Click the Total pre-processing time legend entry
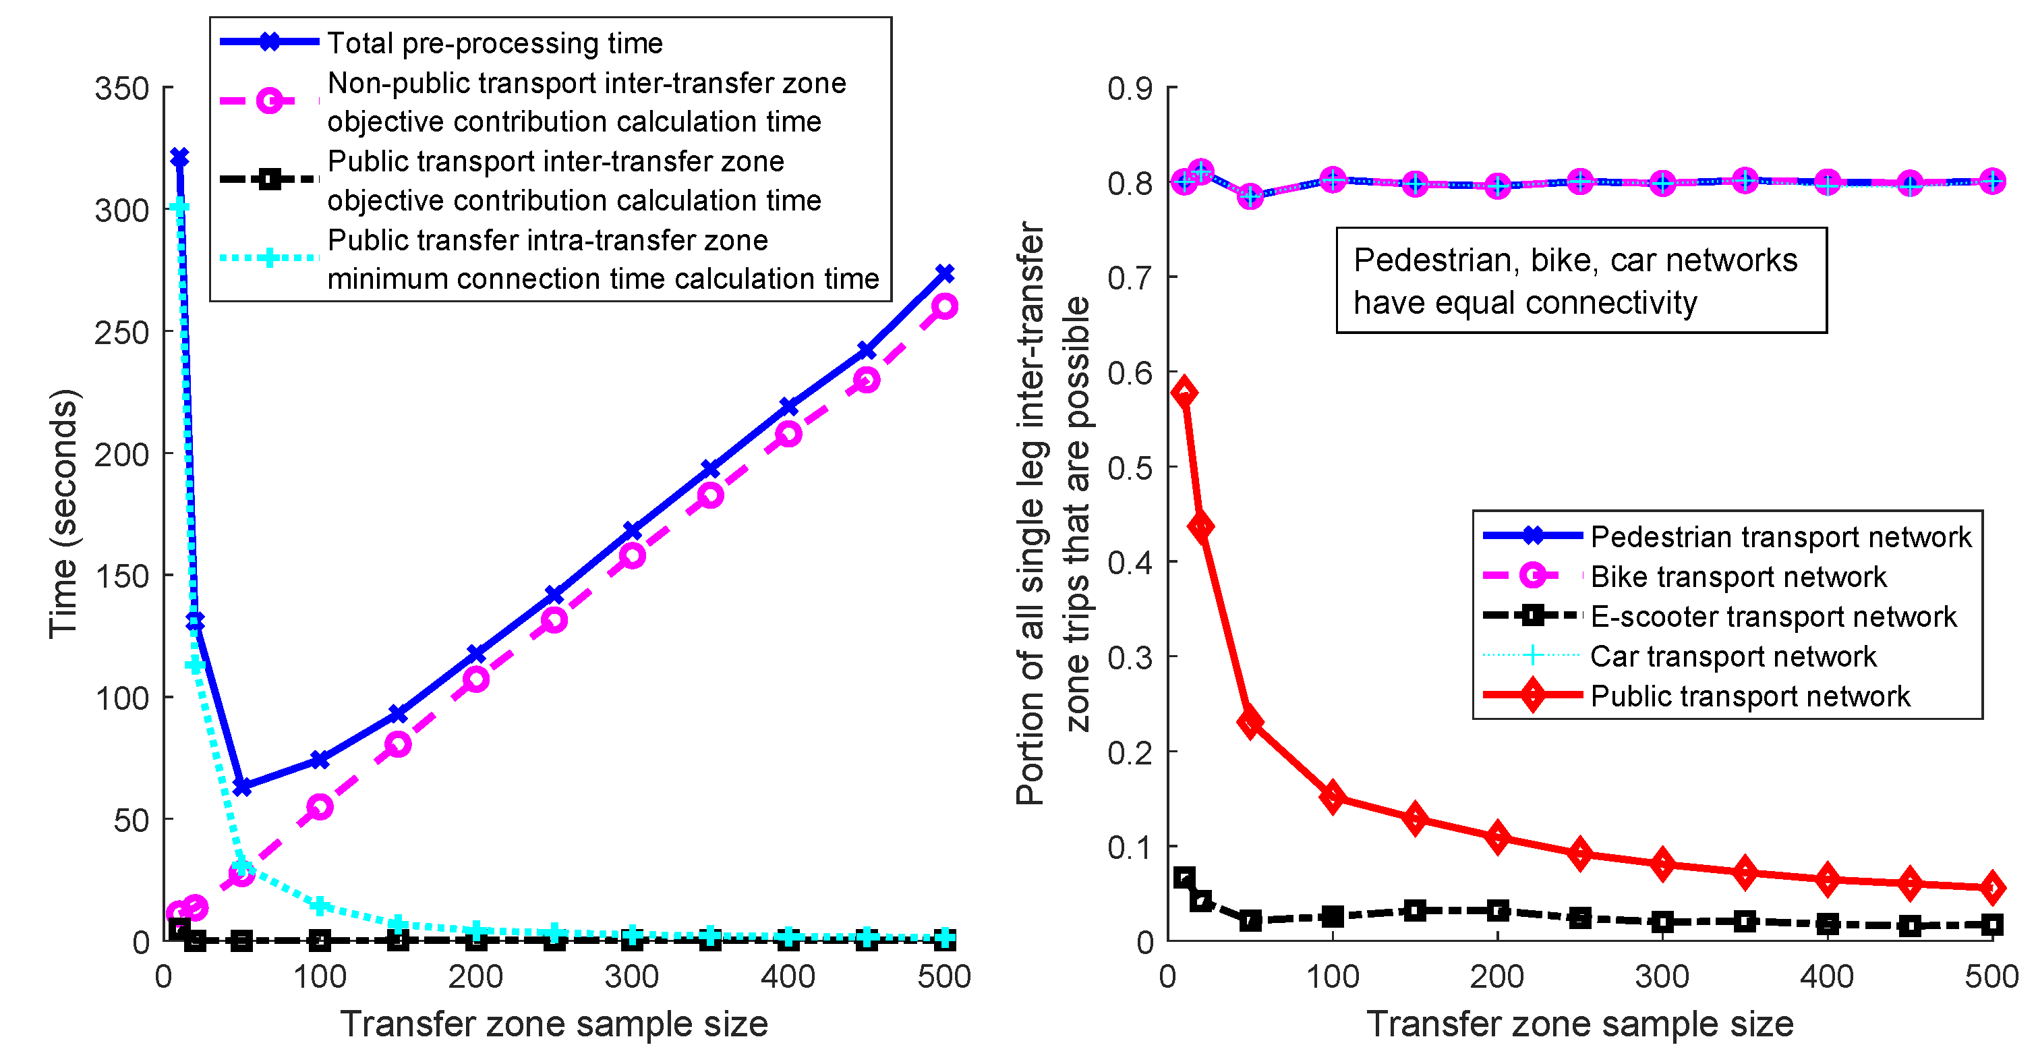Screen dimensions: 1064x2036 point(495,43)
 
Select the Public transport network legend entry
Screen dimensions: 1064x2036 point(1749,696)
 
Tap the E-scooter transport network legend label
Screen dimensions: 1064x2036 point(1773,617)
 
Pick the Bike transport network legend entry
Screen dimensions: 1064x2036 point(1737,577)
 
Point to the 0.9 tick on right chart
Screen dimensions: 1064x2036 point(1130,88)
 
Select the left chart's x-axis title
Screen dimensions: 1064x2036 point(554,1024)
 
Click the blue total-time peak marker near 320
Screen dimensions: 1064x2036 point(179,157)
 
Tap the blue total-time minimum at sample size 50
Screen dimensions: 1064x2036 point(242,787)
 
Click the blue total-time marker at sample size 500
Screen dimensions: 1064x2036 point(945,273)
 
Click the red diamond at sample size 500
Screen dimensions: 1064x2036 point(1993,888)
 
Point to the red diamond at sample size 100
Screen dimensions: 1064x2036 point(1333,797)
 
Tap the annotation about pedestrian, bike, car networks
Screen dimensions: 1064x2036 point(1581,281)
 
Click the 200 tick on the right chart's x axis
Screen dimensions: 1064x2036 point(1497,977)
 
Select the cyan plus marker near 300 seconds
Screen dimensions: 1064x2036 point(179,207)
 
